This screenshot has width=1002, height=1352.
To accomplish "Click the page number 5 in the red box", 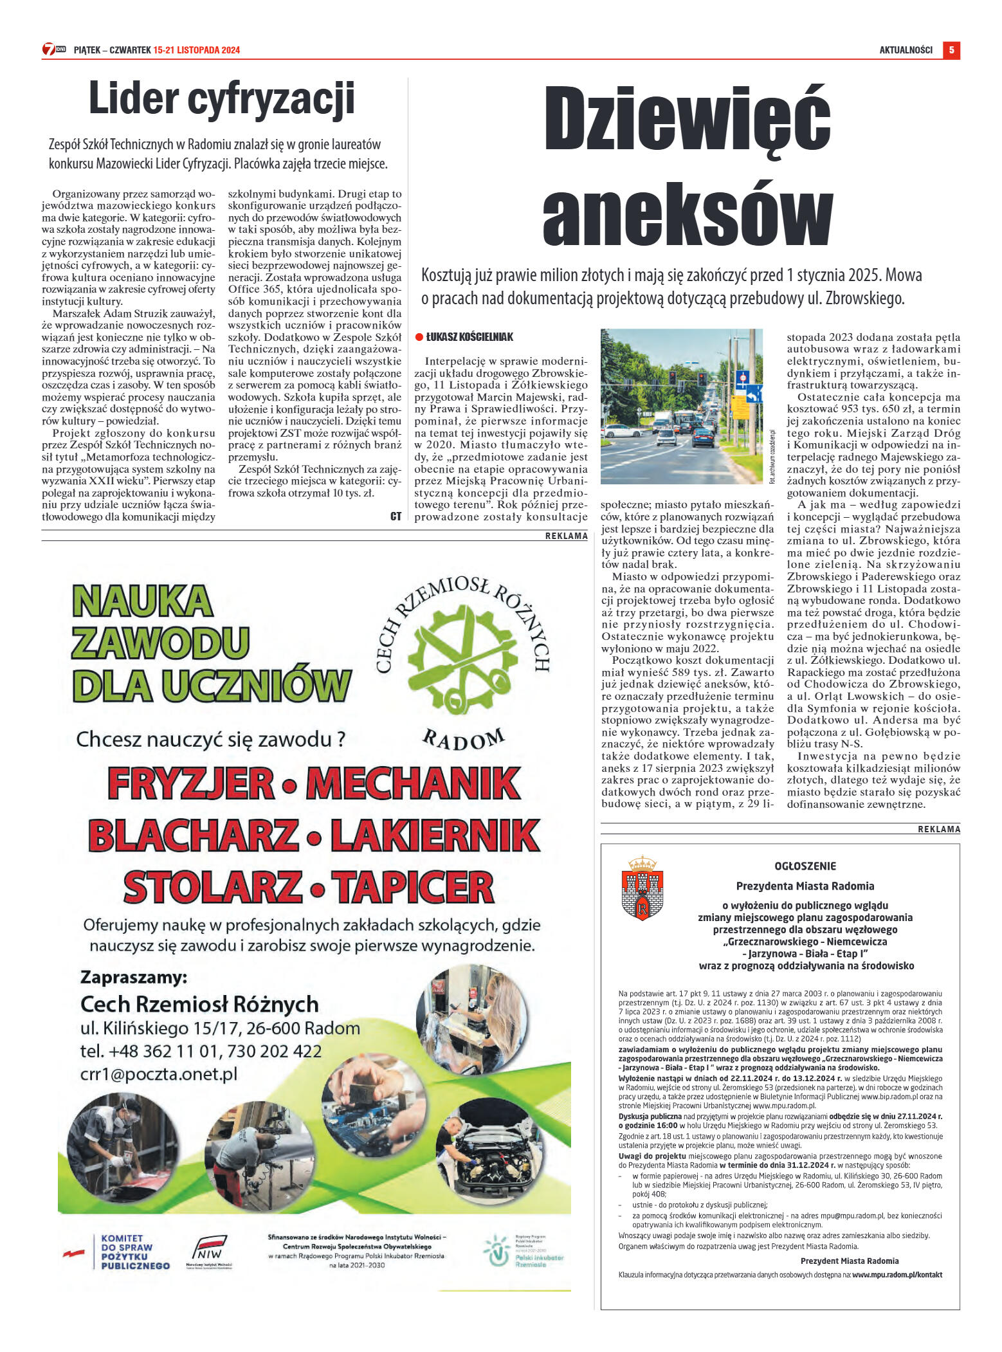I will point(951,50).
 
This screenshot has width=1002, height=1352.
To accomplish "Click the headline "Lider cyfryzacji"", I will point(221,100).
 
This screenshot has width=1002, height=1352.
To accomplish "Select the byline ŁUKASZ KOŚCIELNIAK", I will point(469,337).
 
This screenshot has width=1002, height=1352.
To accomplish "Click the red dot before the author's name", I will point(419,337).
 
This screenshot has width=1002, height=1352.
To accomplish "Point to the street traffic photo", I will point(681,406).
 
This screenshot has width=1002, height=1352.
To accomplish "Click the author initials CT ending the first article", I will point(396,516).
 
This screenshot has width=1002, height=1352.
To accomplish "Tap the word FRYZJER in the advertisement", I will point(191,783).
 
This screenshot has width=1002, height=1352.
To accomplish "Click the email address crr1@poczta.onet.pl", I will point(159,1075).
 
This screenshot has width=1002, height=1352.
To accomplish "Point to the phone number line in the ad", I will point(201,1052).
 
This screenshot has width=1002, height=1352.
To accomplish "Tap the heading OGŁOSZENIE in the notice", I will point(805,866).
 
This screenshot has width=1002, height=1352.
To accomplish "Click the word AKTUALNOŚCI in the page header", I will point(906,50).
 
